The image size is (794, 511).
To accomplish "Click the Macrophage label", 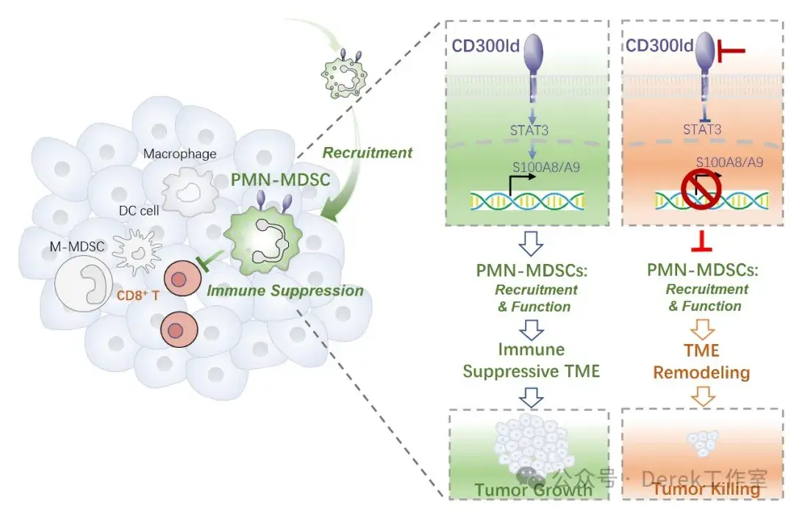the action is click(180, 154).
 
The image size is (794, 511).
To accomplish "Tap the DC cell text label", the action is click(139, 211).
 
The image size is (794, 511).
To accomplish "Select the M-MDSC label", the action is click(77, 246).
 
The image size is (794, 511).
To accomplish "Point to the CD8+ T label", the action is click(137, 295).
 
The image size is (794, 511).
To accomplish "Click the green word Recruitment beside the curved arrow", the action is click(367, 152).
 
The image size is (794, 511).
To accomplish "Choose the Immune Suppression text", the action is click(285, 290).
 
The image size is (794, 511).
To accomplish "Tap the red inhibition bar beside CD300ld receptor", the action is click(731, 51).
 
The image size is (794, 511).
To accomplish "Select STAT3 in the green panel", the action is click(529, 130).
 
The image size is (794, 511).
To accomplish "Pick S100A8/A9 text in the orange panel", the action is click(729, 162).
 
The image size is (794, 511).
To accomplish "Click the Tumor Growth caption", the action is click(533, 490).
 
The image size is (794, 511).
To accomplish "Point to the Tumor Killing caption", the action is click(706, 489).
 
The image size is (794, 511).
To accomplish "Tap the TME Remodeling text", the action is click(701, 362).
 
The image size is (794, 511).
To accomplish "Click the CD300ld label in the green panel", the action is click(486, 46).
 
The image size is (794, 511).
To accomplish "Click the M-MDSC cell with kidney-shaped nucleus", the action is click(84, 279).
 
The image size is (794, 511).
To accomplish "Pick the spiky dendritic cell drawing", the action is click(136, 251).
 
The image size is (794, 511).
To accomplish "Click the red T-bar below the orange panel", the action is click(702, 242).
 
